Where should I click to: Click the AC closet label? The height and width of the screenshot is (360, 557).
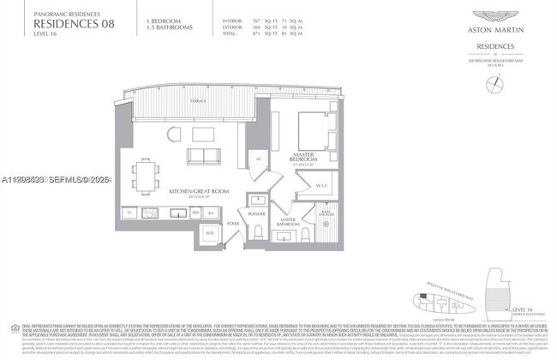[258, 159]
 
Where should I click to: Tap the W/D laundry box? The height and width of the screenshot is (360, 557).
[208, 231]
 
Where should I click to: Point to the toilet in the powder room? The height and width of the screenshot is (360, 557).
[257, 232]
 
